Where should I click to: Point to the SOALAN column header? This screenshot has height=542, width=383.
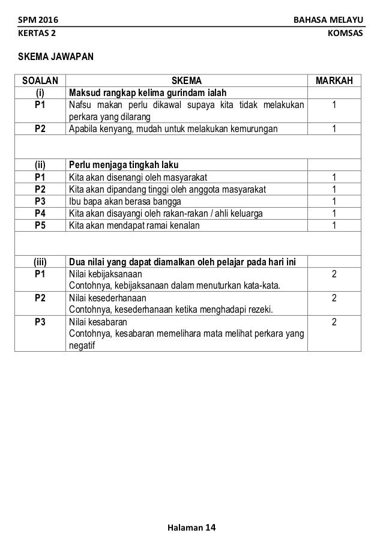40,81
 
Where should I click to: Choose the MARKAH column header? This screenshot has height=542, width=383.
334,81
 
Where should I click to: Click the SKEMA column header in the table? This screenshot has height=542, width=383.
187,81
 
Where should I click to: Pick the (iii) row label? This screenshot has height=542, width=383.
40,261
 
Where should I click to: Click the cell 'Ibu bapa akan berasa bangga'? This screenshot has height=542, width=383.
125,201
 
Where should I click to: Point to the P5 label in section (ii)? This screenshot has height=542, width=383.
40,225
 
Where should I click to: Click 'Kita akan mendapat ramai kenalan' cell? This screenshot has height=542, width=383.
134,225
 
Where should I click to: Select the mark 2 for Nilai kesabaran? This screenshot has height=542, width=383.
334,322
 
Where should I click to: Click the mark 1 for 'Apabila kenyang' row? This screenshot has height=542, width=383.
334,129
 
